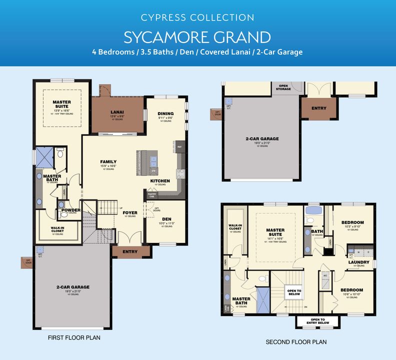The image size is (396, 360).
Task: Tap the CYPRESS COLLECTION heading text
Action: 197,17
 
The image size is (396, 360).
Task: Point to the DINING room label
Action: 165,113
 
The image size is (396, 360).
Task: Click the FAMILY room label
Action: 108,161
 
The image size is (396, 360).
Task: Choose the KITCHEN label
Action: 160,180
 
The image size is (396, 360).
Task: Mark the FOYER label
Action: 130,212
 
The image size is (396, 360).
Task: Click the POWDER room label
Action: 71,210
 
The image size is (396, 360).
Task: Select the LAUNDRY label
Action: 359,262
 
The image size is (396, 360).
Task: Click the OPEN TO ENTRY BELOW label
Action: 317,321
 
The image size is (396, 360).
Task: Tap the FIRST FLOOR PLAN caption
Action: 74,337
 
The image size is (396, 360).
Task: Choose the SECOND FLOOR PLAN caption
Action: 296,342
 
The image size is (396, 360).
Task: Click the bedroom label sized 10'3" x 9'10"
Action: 352,222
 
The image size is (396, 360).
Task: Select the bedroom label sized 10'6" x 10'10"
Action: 352,290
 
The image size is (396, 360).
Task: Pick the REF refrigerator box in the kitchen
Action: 179,147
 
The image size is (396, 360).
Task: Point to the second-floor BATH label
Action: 317,231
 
